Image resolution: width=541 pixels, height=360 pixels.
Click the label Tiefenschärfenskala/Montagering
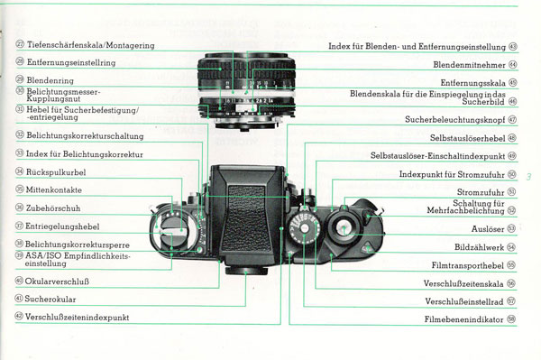tap(91, 45)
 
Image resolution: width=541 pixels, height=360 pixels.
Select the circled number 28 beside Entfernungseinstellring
tap(20, 61)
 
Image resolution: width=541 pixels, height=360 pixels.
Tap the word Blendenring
tap(50, 80)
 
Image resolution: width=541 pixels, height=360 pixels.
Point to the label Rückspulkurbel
tap(56, 172)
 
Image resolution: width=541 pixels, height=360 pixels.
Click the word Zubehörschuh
tap(53, 208)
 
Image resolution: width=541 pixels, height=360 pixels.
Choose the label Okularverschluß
tap(57, 282)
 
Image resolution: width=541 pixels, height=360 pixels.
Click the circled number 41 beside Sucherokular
tap(19, 299)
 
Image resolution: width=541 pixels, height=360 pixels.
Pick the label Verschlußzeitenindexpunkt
tap(77, 318)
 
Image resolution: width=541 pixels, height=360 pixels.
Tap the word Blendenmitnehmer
tap(469, 65)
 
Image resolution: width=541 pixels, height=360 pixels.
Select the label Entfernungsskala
tap(473, 83)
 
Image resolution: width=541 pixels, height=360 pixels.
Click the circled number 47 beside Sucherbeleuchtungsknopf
tap(513, 120)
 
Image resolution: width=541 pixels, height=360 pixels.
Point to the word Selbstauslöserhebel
tap(467, 138)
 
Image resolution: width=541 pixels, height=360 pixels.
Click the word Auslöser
tap(488, 229)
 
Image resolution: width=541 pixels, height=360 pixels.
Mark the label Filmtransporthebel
tap(467, 265)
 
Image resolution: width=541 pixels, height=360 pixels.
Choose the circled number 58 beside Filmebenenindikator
tap(511, 319)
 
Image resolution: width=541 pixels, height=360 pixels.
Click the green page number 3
tap(529, 177)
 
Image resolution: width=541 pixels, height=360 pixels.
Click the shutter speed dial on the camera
tap(305, 228)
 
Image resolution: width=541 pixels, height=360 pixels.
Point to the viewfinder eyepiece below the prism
tap(246, 271)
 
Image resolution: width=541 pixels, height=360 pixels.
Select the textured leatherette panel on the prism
tap(246, 219)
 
